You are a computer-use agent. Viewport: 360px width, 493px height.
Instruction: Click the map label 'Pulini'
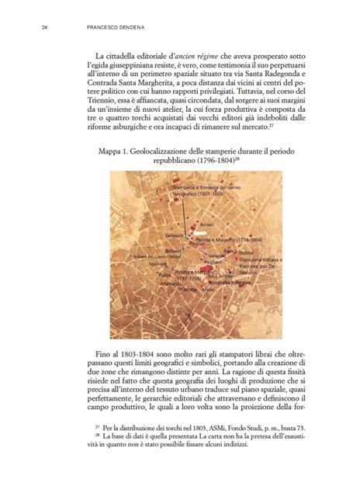164,276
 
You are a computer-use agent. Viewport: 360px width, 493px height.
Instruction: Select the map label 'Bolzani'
172,250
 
